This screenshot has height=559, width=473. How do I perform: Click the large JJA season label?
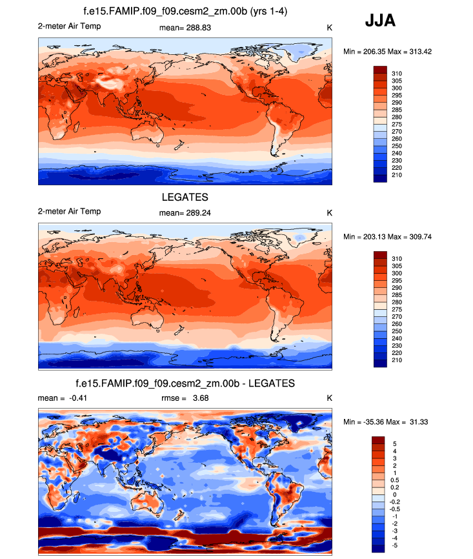tap(380, 21)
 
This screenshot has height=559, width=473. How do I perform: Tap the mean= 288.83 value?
tap(185, 28)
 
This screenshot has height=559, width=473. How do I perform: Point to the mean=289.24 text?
tap(185, 211)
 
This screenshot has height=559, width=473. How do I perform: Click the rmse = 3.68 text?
tap(185, 398)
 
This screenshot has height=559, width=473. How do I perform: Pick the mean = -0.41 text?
tap(63, 398)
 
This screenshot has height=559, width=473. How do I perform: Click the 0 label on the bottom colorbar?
tap(394, 494)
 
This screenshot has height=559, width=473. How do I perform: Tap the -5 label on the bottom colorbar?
tap(396, 545)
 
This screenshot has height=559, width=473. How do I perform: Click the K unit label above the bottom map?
tap(329, 398)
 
